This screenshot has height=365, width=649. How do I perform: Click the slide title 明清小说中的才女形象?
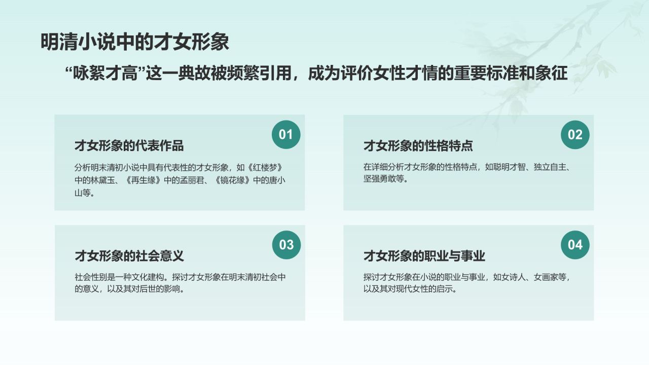click(134, 42)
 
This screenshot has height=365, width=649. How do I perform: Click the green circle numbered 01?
click(286, 134)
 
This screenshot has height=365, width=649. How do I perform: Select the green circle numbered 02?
click(575, 134)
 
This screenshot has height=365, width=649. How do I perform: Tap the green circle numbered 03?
click(286, 245)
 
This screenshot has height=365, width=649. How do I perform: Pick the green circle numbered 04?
click(575, 245)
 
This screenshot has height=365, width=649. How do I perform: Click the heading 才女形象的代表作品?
click(129, 146)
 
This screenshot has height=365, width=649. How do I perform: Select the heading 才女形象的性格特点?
click(418, 146)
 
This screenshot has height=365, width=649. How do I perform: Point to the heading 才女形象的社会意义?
click(129, 256)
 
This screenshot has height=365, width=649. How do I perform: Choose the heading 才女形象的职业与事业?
click(424, 256)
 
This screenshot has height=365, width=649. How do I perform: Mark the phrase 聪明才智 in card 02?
click(511, 167)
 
